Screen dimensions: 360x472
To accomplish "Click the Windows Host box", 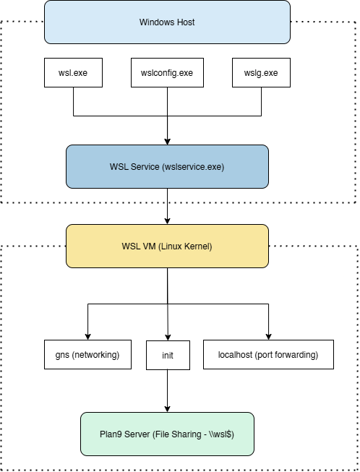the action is [x=168, y=22].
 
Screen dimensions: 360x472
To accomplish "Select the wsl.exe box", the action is [x=73, y=72].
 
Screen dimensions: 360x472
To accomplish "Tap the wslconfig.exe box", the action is [x=167, y=72].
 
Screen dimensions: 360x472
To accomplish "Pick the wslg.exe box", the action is [x=261, y=72].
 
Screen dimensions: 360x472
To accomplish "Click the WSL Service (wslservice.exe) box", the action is [x=168, y=166].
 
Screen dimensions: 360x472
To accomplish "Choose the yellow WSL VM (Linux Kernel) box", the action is [x=168, y=246].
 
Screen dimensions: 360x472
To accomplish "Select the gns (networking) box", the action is [x=87, y=355].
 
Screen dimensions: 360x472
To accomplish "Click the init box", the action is [x=168, y=355].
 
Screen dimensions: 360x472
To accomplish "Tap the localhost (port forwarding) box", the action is [x=268, y=355].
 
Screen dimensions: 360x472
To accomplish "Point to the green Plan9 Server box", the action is [x=168, y=434].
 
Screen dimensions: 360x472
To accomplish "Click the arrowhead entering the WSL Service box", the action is [x=168, y=142].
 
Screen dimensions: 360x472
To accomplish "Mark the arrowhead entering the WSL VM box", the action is [x=168, y=221].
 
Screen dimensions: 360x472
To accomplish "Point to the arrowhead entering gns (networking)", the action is [x=88, y=337].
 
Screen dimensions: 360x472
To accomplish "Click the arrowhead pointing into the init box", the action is [x=168, y=338].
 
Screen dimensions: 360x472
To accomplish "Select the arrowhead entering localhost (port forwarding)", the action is [x=268, y=337].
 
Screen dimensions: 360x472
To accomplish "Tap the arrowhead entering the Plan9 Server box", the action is [x=168, y=409].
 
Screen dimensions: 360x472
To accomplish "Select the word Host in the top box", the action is [x=187, y=22].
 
